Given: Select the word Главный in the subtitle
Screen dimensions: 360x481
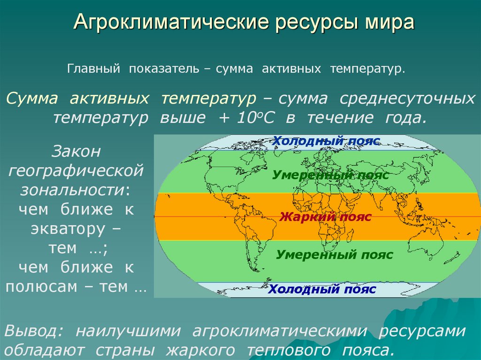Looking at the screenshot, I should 92,69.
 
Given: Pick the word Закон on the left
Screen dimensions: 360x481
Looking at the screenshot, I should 76,152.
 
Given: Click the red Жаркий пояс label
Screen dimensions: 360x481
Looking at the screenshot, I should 325,217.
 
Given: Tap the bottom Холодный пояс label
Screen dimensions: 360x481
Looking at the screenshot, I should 322,289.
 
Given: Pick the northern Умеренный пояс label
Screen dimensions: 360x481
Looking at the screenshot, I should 330,176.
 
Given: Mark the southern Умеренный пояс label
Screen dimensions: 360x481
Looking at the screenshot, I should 334,255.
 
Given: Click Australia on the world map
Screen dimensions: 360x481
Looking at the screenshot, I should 425,244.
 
